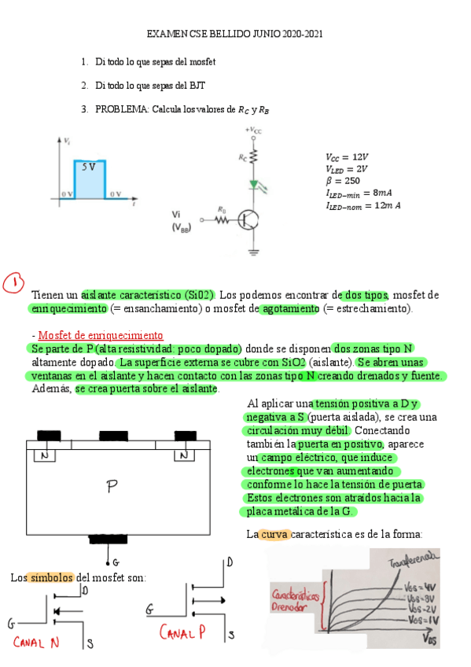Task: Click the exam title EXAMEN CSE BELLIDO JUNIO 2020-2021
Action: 235,35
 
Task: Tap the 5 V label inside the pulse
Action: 88,168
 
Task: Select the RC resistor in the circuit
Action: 254,157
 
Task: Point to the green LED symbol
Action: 254,186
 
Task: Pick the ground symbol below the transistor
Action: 254,252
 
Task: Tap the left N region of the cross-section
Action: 45,455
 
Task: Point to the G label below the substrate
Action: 116,562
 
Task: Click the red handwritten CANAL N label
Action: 35,641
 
